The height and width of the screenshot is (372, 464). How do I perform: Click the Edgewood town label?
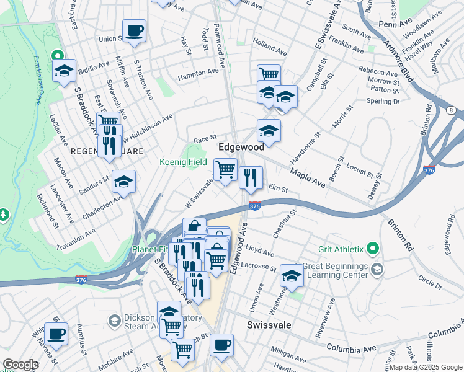241,147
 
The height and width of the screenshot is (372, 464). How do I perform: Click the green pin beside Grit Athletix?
372,249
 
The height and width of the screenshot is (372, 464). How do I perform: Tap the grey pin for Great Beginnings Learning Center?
378,270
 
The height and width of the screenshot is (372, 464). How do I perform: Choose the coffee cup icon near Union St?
134,30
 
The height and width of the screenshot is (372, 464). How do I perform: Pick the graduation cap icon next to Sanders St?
123,182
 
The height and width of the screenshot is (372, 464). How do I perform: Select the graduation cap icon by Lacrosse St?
292,275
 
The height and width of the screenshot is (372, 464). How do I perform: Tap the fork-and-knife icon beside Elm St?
251,177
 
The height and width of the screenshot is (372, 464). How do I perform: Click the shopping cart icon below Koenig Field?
225,169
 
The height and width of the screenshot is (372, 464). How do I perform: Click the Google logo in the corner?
20,365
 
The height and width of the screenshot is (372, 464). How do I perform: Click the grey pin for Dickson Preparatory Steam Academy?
114,321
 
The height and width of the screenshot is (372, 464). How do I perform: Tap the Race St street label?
205,139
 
